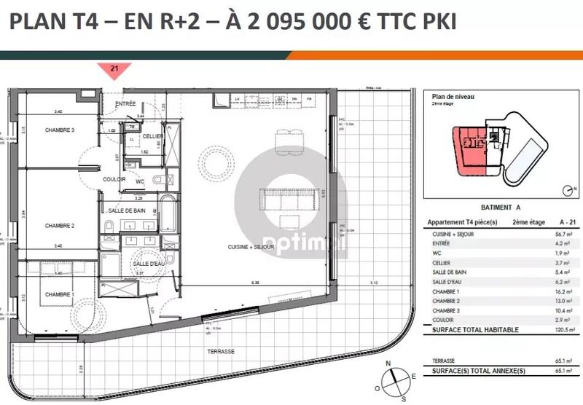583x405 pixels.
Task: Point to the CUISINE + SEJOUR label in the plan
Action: (x=251, y=248)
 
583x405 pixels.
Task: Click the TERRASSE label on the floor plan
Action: (x=219, y=351)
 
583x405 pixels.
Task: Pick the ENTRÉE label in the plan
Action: (x=126, y=104)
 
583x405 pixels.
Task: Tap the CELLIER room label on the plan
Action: (x=152, y=136)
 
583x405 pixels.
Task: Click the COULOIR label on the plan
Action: (x=115, y=179)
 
